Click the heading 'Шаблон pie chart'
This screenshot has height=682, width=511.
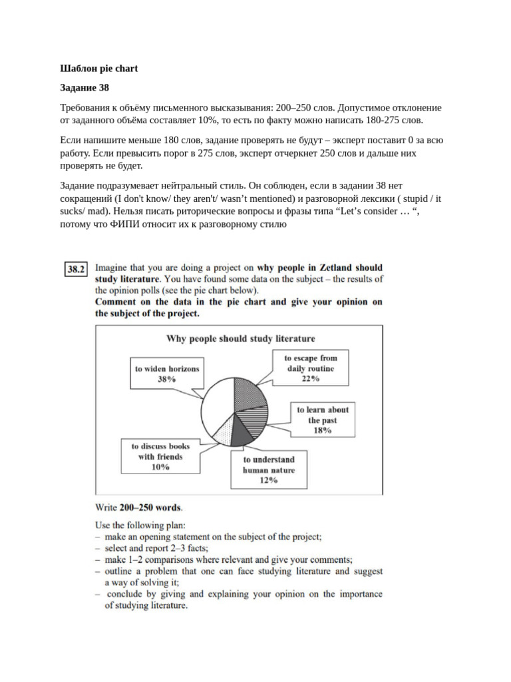tap(98, 69)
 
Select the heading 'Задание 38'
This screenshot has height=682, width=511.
tap(84, 88)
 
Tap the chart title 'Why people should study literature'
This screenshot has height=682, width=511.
tap(240, 338)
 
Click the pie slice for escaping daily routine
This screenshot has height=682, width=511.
tap(250, 395)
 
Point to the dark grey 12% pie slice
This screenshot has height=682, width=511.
tap(241, 433)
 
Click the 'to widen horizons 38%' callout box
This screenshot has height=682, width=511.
tap(166, 374)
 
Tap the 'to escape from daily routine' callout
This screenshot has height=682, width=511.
tap(310, 368)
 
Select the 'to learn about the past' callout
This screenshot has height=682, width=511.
tap(322, 420)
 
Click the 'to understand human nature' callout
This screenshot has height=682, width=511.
tap(269, 470)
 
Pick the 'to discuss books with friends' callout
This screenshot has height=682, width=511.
tap(160, 457)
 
